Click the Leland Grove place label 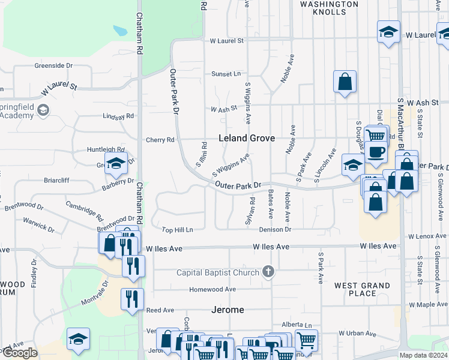(x=247, y=138)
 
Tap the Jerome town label (x=228, y=310)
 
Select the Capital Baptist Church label (x=218, y=273)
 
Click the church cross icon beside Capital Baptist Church (x=268, y=272)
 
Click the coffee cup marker (x=376, y=153)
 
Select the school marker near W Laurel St (x=388, y=33)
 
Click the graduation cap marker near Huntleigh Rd (x=116, y=163)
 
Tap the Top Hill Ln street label (x=178, y=230)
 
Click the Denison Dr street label (x=275, y=230)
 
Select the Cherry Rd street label (x=160, y=140)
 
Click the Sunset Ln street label (x=225, y=74)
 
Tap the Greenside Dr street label (x=53, y=65)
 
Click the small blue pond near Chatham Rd (x=120, y=29)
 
